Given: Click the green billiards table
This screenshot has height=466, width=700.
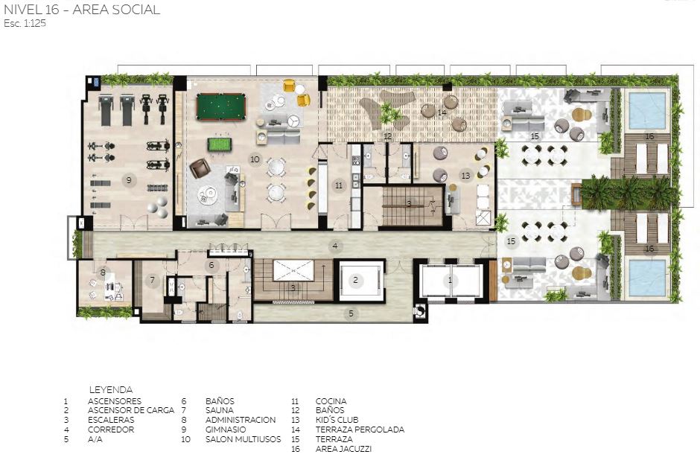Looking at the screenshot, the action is pyautogui.click(x=221, y=106).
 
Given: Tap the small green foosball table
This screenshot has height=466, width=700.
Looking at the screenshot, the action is pyautogui.click(x=217, y=144).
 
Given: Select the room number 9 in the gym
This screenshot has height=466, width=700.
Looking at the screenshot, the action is pyautogui.click(x=129, y=180).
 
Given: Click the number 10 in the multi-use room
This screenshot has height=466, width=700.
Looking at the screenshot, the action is pyautogui.click(x=255, y=159).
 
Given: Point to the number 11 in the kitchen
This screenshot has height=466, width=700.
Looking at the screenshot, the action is pyautogui.click(x=339, y=185).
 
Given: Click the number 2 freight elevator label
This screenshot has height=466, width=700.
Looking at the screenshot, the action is pyautogui.click(x=355, y=280).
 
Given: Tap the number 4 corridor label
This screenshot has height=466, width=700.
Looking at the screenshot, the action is pyautogui.click(x=335, y=245).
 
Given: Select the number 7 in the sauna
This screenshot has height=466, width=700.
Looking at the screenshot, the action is pyautogui.click(x=152, y=280).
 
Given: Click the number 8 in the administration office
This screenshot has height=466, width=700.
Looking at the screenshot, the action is pyautogui.click(x=103, y=272).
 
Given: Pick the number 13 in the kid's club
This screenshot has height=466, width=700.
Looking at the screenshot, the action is pyautogui.click(x=465, y=176).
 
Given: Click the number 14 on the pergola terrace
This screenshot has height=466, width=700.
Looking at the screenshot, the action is pyautogui.click(x=442, y=112).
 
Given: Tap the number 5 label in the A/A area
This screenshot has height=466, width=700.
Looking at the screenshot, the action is pyautogui.click(x=351, y=313).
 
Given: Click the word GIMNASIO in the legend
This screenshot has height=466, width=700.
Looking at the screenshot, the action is pyautogui.click(x=226, y=430).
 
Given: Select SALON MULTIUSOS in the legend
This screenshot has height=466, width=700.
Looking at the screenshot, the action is pyautogui.click(x=244, y=439).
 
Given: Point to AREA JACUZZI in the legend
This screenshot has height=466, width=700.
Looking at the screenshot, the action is pyautogui.click(x=343, y=449).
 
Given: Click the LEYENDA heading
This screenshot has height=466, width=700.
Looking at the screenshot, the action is pyautogui.click(x=111, y=389).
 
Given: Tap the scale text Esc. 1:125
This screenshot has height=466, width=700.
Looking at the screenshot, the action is pyautogui.click(x=25, y=24).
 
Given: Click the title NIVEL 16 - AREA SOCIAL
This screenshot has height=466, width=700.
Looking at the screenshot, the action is pyautogui.click(x=82, y=10).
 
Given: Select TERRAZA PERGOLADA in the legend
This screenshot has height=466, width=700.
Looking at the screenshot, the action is pyautogui.click(x=360, y=430).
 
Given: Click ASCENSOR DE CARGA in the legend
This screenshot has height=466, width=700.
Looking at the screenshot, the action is pyautogui.click(x=131, y=410).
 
